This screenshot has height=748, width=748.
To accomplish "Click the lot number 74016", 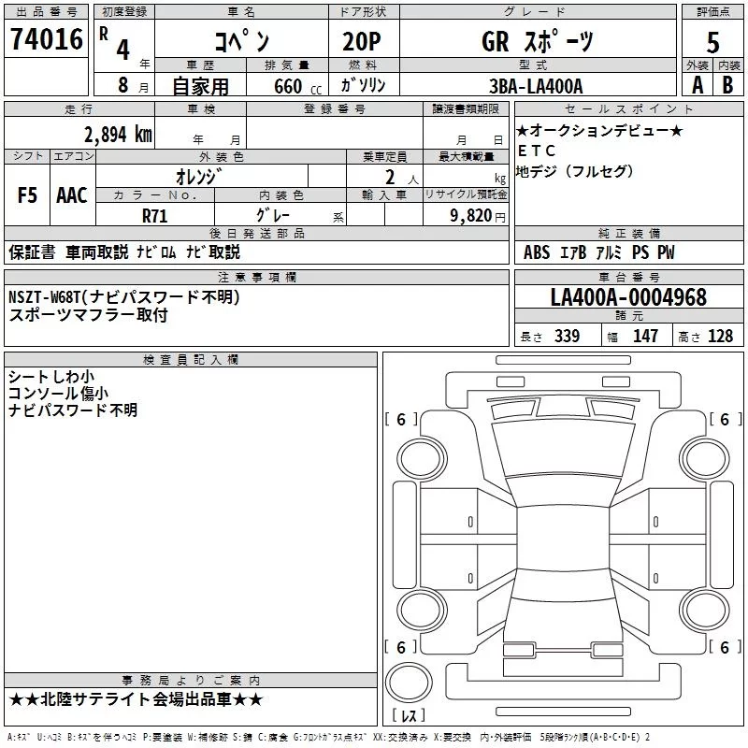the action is (x=47, y=39).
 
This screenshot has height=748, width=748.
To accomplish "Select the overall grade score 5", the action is (x=712, y=43).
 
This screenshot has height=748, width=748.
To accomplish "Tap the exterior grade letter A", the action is (x=698, y=85).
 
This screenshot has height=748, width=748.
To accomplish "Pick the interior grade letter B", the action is (x=727, y=85).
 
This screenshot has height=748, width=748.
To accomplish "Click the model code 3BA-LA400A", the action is (x=536, y=86).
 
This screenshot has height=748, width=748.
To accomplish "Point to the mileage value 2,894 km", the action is (x=118, y=135).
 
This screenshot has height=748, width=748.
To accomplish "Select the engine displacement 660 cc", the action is (x=297, y=87).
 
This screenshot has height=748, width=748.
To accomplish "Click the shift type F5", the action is (x=27, y=195).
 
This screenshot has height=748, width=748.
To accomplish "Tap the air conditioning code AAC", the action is (x=72, y=195).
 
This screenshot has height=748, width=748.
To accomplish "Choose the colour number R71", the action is (x=155, y=216).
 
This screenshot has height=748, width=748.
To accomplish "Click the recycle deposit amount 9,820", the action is (x=471, y=216).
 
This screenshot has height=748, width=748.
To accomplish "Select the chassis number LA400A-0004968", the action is (x=628, y=297).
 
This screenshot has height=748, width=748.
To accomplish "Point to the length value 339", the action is (x=567, y=336).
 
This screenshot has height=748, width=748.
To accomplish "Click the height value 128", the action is (x=720, y=336).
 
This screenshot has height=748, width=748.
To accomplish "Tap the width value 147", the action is (x=645, y=336).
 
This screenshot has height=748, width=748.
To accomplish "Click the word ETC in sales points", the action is (x=537, y=151).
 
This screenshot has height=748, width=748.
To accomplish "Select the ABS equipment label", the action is (x=537, y=252).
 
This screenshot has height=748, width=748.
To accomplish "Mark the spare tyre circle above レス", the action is (x=409, y=683).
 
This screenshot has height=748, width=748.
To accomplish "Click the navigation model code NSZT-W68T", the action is (x=45, y=297).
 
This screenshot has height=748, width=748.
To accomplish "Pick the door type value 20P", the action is (x=362, y=42).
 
